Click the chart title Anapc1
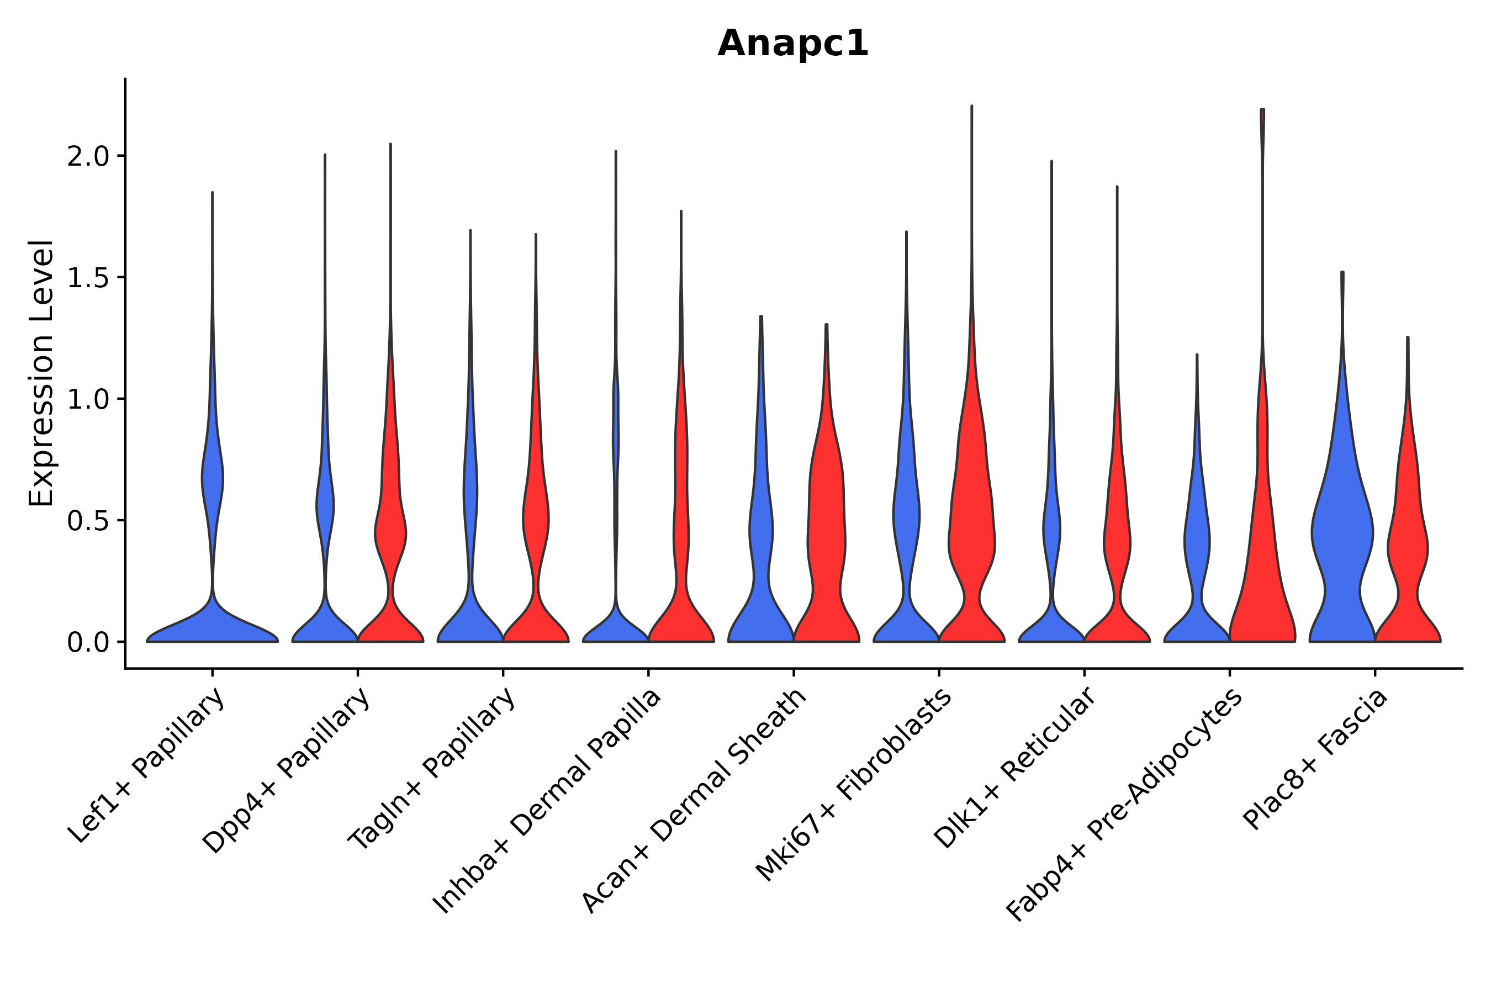tap(792, 44)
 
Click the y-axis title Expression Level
tap(41, 373)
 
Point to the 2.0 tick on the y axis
tap(88, 157)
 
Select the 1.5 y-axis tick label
tap(88, 278)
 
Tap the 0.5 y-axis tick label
tap(88, 521)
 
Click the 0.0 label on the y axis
tap(88, 643)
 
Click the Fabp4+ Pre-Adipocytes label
tap(1124, 805)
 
